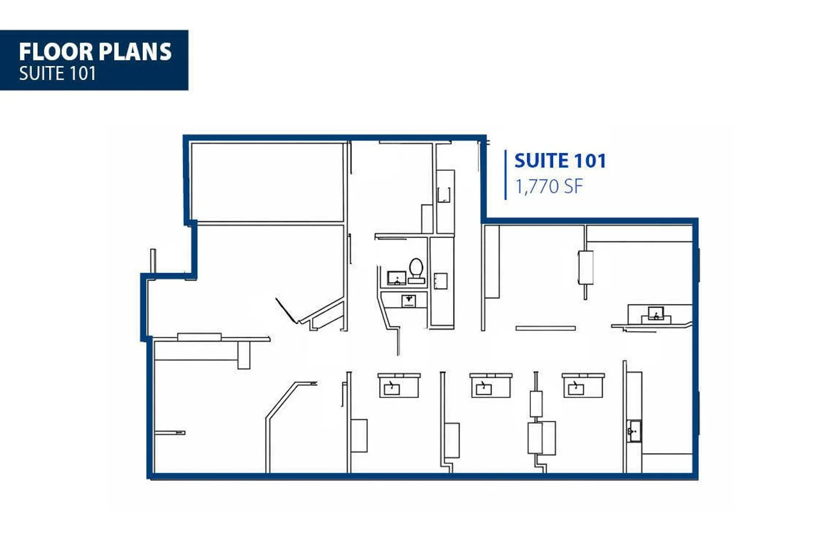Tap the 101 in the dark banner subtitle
click(82, 73)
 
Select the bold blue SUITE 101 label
click(560, 160)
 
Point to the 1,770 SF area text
click(548, 187)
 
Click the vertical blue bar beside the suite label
click(506, 174)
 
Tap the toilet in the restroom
click(416, 269)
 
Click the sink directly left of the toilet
click(396, 277)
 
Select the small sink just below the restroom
click(409, 300)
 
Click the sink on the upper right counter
click(656, 314)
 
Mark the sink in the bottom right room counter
click(634, 431)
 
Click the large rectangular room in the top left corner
click(267, 182)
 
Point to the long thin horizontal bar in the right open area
click(545, 328)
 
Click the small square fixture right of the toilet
click(440, 281)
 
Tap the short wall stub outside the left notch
click(153, 262)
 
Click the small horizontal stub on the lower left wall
click(170, 432)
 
